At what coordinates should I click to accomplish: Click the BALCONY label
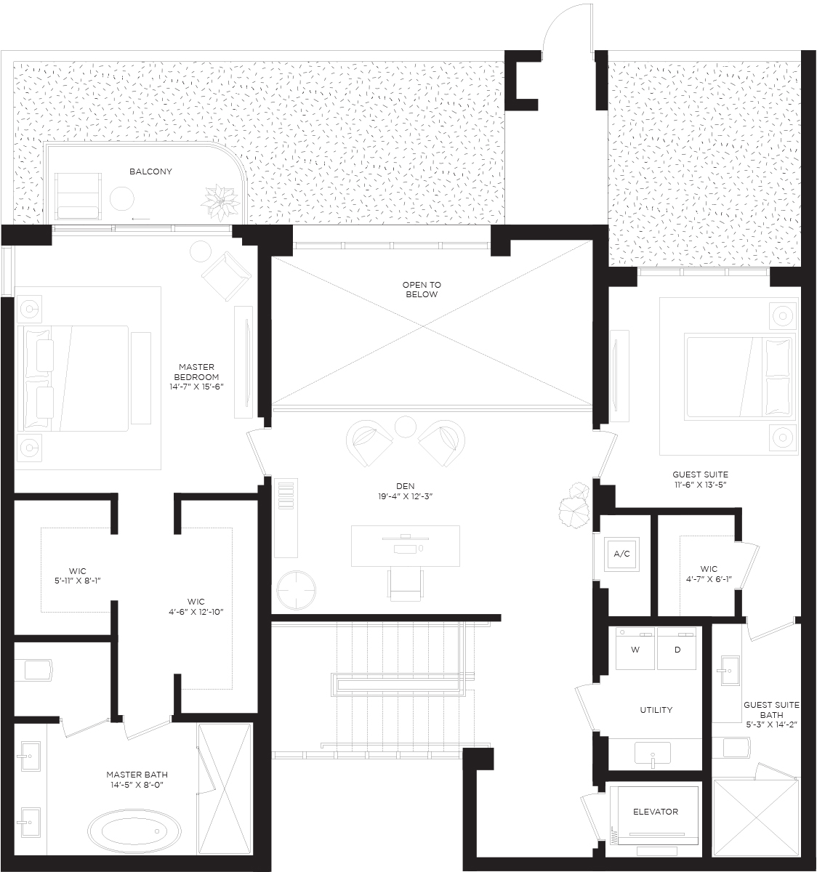[150, 171]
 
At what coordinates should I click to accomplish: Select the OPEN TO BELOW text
[422, 289]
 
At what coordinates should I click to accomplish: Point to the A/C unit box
[621, 554]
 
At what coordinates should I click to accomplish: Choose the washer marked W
[635, 648]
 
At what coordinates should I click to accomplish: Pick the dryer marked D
[677, 648]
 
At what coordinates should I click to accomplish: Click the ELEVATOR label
[656, 812]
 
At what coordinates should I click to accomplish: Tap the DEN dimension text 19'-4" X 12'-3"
[405, 496]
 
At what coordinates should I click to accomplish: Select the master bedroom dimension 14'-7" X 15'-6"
[196, 387]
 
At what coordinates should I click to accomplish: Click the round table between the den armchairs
[405, 427]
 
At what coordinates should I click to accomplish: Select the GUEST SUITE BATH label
[771, 709]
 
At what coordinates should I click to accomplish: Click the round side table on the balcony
[121, 198]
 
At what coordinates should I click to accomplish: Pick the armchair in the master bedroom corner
[226, 276]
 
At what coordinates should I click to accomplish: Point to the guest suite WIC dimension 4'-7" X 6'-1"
[709, 579]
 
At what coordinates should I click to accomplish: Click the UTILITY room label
[656, 709]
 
